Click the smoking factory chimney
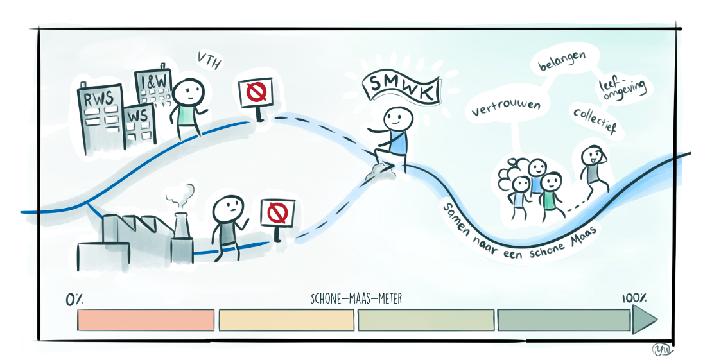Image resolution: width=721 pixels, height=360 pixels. click(x=182, y=239)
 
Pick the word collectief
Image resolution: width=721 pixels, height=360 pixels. click(x=595, y=119)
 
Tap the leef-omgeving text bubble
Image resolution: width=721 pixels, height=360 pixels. click(x=621, y=91)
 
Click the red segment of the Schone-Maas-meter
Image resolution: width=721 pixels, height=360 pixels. click(x=146, y=320)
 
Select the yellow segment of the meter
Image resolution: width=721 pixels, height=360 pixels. click(x=286, y=320)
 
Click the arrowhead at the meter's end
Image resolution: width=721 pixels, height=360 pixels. click(x=644, y=320)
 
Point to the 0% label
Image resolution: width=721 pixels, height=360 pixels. click(x=74, y=300)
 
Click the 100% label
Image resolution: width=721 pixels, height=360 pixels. click(x=634, y=298)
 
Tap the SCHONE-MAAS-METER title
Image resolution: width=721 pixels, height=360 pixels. click(x=356, y=299)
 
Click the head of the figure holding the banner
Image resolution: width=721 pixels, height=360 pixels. click(x=398, y=119)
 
